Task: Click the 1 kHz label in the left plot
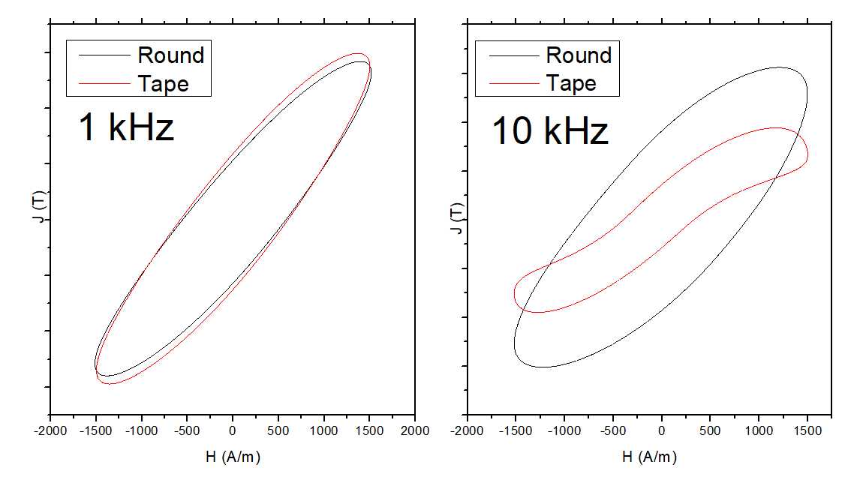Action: point(126,127)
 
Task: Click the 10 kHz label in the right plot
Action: point(549,132)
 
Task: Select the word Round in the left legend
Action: point(170,55)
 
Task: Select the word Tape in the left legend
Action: point(163,83)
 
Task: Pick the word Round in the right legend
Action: point(579,55)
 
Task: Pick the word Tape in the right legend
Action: point(571,83)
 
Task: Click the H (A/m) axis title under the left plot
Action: point(233,456)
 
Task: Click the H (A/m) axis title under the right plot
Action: point(651,456)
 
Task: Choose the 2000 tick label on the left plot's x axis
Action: point(415,430)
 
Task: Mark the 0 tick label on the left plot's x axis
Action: point(233,430)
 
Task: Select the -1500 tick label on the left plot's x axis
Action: point(95,430)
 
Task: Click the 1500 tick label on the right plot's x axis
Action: point(806,430)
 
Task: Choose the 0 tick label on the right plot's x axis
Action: point(661,430)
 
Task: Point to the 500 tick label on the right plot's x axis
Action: point(710,430)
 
